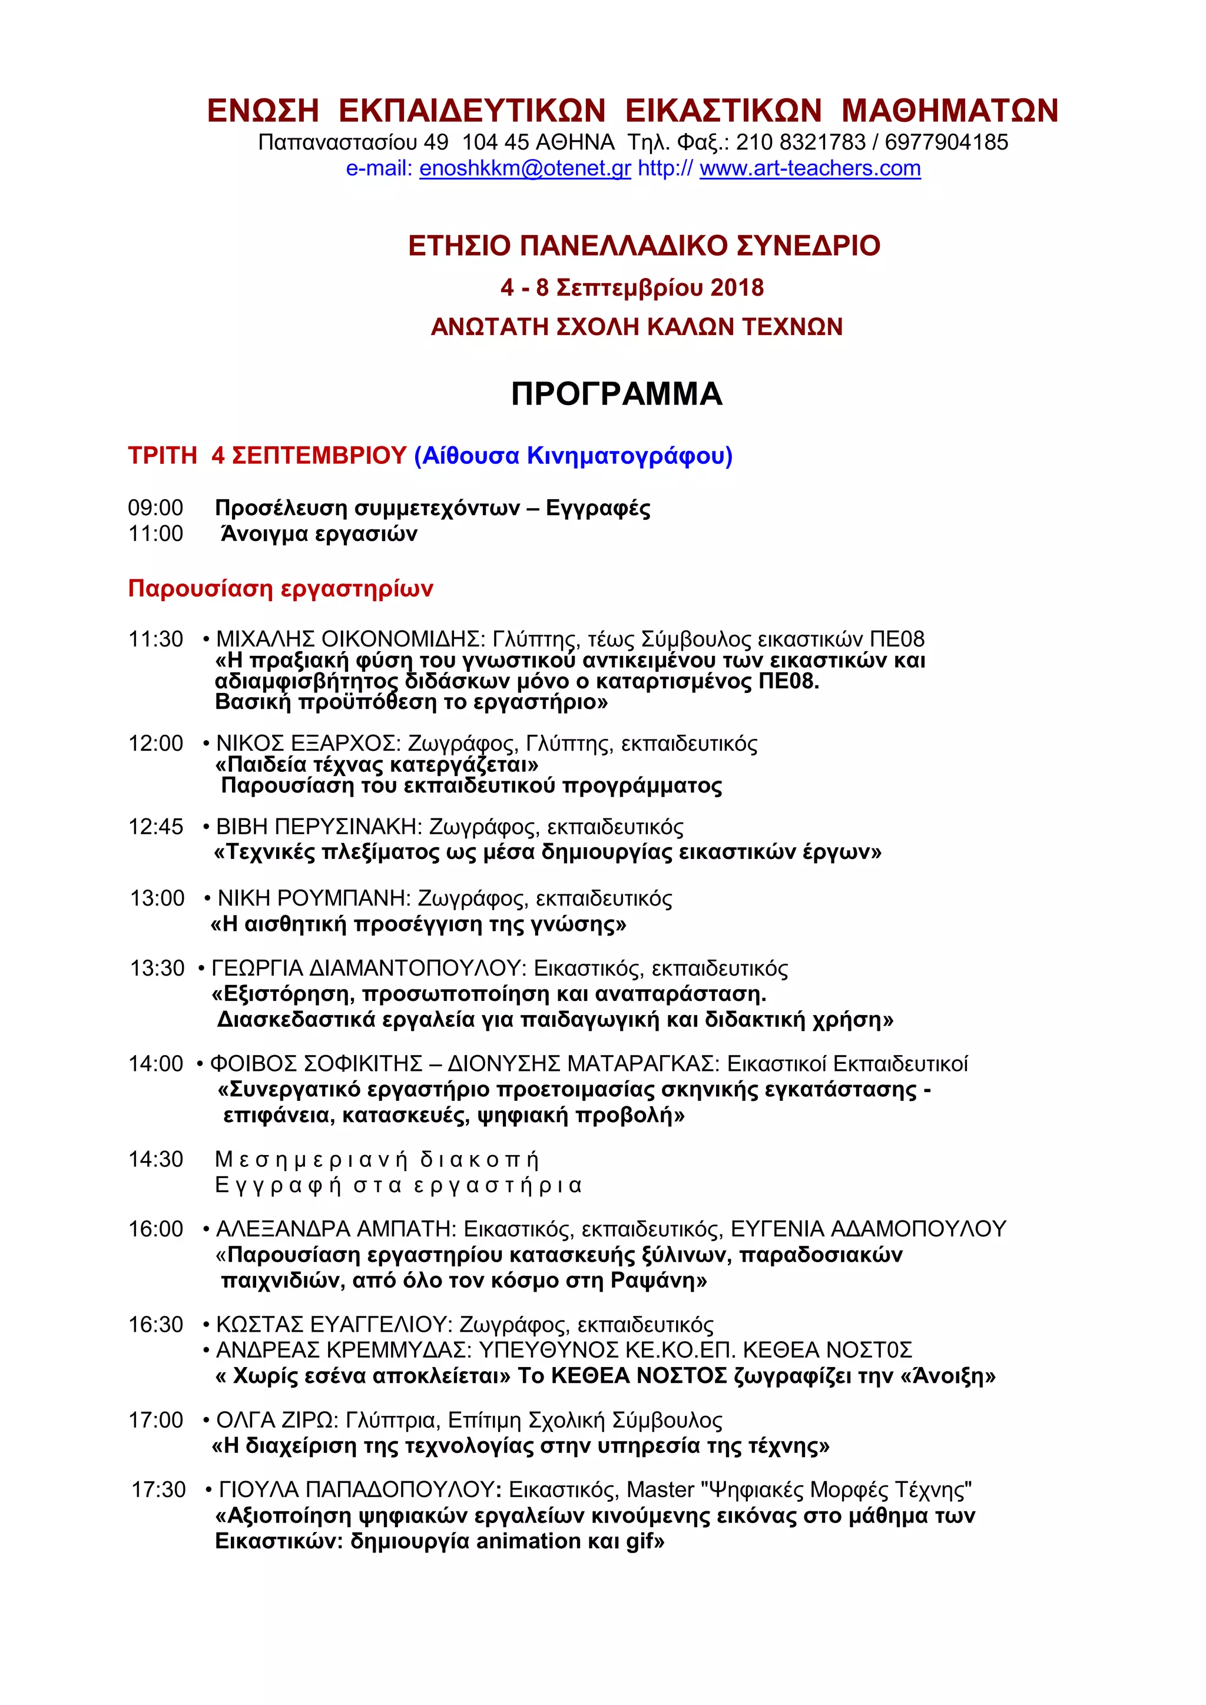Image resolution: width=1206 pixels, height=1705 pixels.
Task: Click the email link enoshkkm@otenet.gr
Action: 525,168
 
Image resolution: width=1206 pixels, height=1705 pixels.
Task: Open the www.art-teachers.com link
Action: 810,168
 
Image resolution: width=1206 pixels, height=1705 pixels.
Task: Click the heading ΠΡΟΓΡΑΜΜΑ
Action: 617,394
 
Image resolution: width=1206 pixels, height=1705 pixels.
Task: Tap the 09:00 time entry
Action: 156,508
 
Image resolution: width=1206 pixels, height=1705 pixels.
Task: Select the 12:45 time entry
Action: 156,827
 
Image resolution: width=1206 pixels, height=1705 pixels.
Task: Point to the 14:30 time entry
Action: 156,1159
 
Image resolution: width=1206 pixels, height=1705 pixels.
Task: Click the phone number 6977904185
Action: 946,142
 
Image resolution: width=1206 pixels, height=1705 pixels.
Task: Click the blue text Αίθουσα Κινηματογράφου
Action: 574,455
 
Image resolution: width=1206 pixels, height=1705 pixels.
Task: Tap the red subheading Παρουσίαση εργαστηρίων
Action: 281,589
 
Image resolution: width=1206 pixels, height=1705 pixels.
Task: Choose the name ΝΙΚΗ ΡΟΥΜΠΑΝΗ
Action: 313,898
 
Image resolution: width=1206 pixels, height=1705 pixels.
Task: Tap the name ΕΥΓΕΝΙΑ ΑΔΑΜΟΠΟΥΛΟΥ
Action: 868,1229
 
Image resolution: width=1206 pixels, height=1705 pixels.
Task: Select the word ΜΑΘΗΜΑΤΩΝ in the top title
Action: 950,111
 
